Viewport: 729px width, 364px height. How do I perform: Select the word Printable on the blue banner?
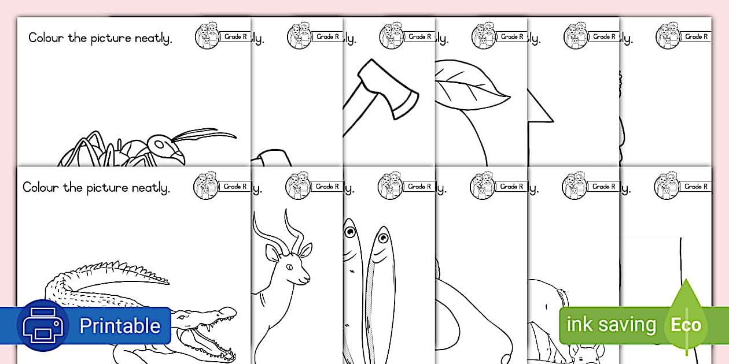pyautogui.click(x=119, y=326)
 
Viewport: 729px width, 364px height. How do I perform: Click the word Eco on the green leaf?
pyautogui.click(x=686, y=325)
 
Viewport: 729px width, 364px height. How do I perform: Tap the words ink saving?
pyautogui.click(x=611, y=325)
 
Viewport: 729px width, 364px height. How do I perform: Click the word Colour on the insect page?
pyautogui.click(x=47, y=39)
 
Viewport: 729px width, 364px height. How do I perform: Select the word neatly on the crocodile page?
pyautogui.click(x=149, y=188)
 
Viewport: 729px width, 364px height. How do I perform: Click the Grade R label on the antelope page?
pyautogui.click(x=327, y=187)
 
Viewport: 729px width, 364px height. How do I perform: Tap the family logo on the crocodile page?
pyautogui.click(x=206, y=186)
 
